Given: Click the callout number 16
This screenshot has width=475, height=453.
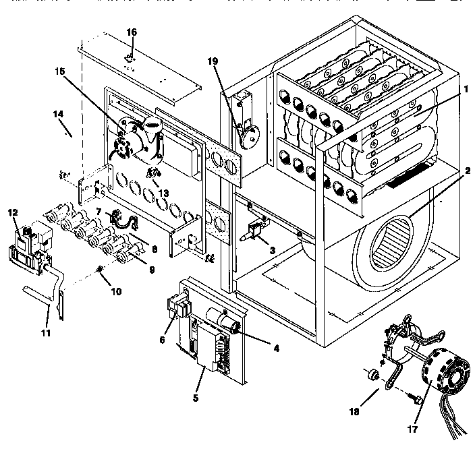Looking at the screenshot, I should tap(132, 32).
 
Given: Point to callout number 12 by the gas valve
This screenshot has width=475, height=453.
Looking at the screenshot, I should tap(12, 213).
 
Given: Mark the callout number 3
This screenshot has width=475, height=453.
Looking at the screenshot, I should tap(271, 251).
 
